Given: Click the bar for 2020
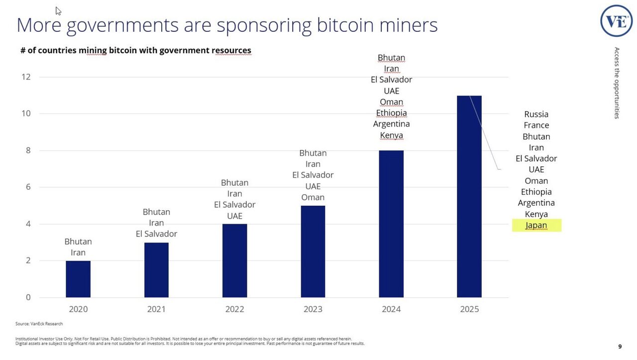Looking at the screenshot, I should click(78, 279).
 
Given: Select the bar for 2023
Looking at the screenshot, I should click(313, 251).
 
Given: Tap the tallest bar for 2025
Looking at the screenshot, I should click(469, 197).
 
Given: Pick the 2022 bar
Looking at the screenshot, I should click(234, 260).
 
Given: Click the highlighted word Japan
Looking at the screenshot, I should click(536, 226).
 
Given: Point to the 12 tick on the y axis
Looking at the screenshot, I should click(26, 77).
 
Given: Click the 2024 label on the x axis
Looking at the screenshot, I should click(391, 309).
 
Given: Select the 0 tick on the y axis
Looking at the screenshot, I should click(28, 297).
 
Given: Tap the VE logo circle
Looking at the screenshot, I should click(616, 21).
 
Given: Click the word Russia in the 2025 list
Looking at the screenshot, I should click(536, 115).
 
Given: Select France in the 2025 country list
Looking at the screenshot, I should click(536, 125).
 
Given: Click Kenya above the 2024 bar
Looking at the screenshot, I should click(391, 135).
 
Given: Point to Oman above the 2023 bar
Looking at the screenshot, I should click(313, 197).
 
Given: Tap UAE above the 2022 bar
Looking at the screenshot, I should click(234, 216).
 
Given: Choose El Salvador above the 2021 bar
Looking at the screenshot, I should click(156, 234).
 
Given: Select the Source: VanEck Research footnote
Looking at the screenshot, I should click(39, 324).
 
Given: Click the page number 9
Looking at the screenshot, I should click(620, 347).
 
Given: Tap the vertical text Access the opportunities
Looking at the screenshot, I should click(617, 83).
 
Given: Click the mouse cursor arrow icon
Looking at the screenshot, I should click(58, 11).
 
